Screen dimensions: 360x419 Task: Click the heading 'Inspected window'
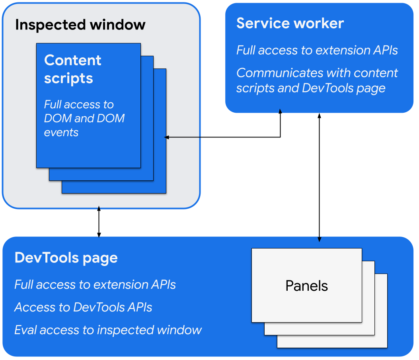pyautogui.click(x=80, y=25)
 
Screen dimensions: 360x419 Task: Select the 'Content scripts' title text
pyautogui.click(x=72, y=69)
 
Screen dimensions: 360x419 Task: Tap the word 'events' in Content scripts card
pyautogui.click(x=61, y=133)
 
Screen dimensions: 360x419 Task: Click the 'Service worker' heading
pyautogui.click(x=290, y=23)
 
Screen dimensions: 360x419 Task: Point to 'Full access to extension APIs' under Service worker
pyautogui.click(x=317, y=50)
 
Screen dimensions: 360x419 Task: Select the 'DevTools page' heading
pyautogui.click(x=66, y=258)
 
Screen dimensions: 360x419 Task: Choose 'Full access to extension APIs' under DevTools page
pyautogui.click(x=95, y=285)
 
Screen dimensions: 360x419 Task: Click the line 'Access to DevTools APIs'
pyautogui.click(x=83, y=307)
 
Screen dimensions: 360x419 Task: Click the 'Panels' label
pyautogui.click(x=306, y=286)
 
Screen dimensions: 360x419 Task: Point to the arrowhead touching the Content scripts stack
pyautogui.click(x=167, y=137)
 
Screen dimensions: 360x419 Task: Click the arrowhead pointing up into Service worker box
pyautogui.click(x=280, y=112)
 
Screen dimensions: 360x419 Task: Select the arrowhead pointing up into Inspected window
pyautogui.click(x=99, y=207)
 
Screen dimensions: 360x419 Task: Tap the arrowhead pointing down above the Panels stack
pyautogui.click(x=319, y=239)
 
